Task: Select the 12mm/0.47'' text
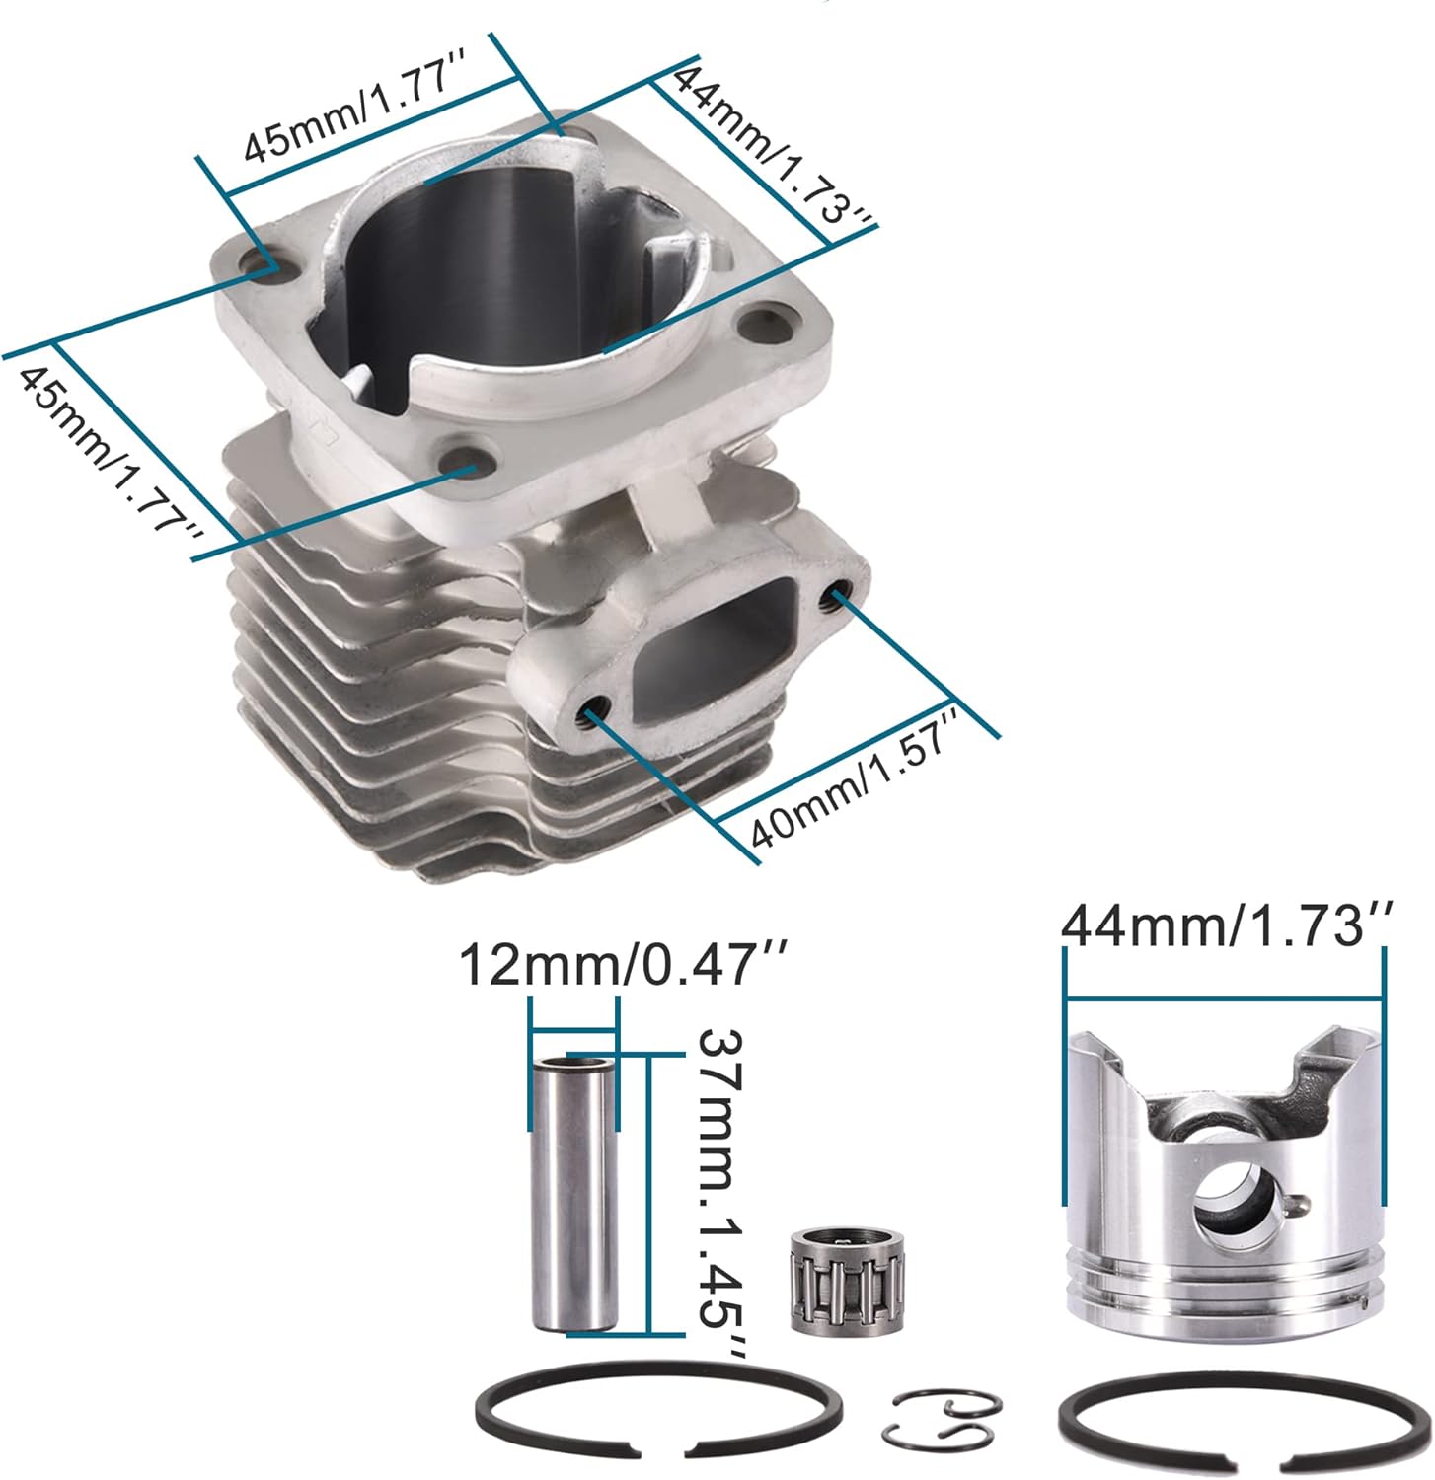[623, 964]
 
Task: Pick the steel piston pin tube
[573, 1193]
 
